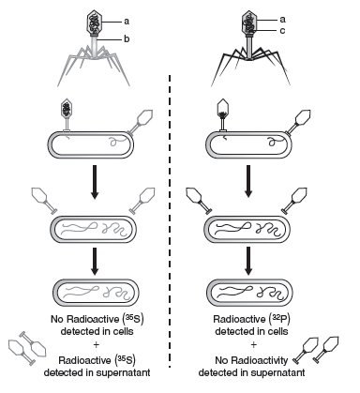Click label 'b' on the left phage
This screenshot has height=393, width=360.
(x=127, y=39)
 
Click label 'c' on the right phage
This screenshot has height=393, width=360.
(x=282, y=31)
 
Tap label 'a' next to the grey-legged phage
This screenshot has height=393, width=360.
(x=127, y=22)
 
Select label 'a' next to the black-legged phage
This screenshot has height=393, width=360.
(x=282, y=20)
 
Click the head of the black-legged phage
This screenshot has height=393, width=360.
(x=249, y=23)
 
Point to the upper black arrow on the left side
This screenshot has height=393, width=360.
(x=95, y=182)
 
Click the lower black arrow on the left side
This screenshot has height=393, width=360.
(x=95, y=261)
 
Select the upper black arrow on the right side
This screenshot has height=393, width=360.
(x=248, y=181)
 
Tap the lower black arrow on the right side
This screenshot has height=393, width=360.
(x=248, y=261)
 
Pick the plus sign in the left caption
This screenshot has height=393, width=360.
(x=96, y=345)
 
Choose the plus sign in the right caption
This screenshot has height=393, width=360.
(x=253, y=345)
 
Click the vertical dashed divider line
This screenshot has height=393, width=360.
(x=170, y=221)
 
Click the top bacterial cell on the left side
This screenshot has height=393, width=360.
(x=91, y=145)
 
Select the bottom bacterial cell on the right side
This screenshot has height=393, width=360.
(x=250, y=293)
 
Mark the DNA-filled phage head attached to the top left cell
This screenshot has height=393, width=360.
(x=67, y=108)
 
